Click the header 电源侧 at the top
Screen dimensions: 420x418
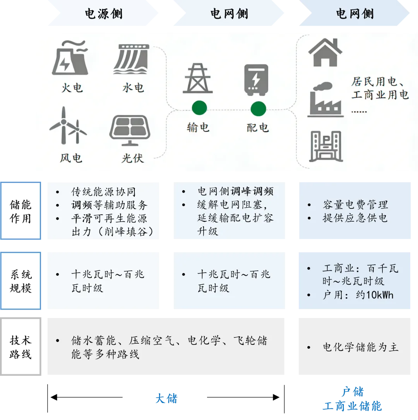(x=103, y=14)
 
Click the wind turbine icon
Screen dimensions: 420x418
(x=68, y=126)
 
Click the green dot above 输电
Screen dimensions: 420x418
(x=199, y=108)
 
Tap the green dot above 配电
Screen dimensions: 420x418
(x=258, y=109)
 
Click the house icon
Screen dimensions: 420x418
(x=325, y=53)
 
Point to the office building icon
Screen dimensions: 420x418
(x=325, y=146)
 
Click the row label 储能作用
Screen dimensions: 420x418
(x=21, y=211)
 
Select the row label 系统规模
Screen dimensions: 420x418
(x=21, y=281)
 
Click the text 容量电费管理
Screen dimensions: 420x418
(x=355, y=205)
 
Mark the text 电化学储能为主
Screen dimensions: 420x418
(x=360, y=347)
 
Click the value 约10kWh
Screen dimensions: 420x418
(x=374, y=295)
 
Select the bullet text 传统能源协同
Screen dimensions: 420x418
(x=103, y=192)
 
